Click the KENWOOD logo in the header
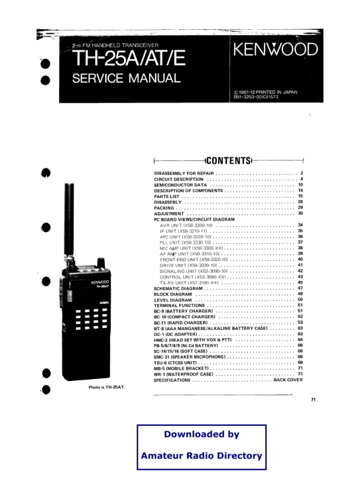276,49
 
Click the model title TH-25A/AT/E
129,58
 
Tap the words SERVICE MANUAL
126,78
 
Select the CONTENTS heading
229,160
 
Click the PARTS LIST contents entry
167,196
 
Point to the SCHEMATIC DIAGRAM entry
178,289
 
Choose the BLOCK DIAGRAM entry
173,294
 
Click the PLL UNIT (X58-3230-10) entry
185,243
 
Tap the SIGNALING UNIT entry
194,271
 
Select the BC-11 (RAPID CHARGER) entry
181,323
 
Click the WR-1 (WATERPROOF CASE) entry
184,374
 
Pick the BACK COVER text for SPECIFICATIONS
288,380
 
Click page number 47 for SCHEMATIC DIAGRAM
300,288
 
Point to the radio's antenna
69,219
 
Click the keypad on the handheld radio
91,318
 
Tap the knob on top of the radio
101,263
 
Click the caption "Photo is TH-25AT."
107,388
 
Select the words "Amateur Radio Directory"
201,455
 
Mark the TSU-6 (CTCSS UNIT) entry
175,362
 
